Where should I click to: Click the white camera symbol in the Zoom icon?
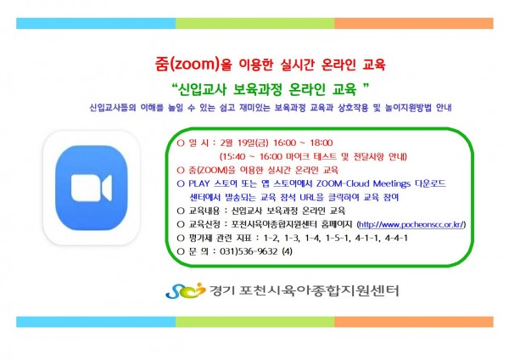(x=92, y=188)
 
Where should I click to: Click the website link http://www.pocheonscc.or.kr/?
(x=411, y=224)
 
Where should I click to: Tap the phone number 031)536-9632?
(x=249, y=251)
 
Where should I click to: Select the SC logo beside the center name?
(x=185, y=290)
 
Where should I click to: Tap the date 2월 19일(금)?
(x=244, y=143)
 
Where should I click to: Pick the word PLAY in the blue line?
(x=199, y=183)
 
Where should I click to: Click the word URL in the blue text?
(x=307, y=197)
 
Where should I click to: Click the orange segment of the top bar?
(x=414, y=24)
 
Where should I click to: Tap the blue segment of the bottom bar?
(x=96, y=322)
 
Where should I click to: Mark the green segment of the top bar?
(x=255, y=24)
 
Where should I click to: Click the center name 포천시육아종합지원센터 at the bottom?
(x=318, y=290)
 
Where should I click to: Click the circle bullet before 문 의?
(x=181, y=251)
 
